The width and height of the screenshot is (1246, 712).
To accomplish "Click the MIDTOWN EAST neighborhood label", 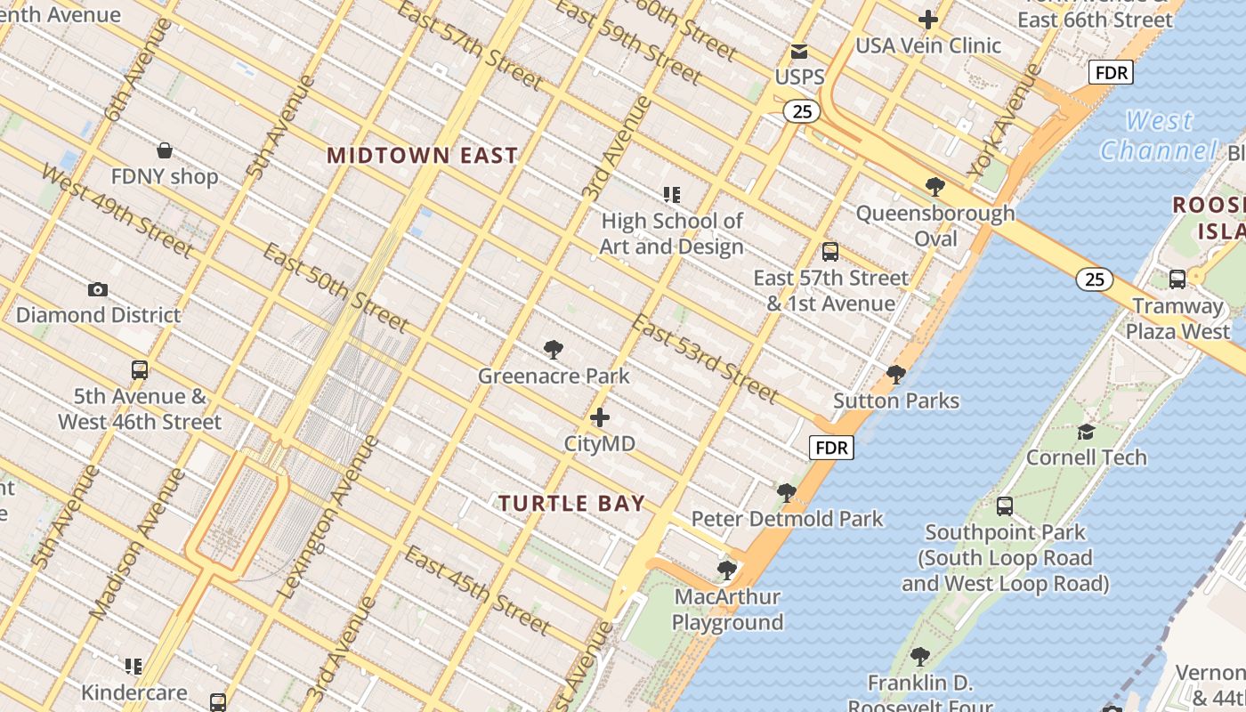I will coord(422,156).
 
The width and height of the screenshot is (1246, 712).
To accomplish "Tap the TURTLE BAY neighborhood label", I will coord(571,504).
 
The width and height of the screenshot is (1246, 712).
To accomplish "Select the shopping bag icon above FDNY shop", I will coord(164,150).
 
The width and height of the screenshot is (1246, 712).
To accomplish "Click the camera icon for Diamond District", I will coord(98,289).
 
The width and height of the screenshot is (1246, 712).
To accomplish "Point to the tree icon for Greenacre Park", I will coord(554,349).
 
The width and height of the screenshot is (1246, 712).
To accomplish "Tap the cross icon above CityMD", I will coord(600,417).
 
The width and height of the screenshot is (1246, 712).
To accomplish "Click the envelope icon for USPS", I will coord(799,52).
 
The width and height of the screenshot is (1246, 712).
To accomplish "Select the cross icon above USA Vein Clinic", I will coord(928,19).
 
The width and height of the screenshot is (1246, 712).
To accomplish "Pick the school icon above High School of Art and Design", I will coord(671,194).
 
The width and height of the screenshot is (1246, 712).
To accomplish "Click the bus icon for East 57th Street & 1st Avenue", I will coord(830,252).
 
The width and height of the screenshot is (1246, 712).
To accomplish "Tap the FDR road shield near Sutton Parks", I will coord(831,448).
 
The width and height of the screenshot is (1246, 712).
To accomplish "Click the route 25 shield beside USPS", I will coord(802,111).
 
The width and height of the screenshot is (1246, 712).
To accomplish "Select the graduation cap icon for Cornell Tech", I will coord(1086,432).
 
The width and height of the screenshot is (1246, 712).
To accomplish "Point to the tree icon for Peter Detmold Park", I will coord(786,492).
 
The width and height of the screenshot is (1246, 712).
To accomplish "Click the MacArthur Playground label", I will coord(727,610).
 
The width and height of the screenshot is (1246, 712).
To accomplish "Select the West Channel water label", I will coord(1157,135).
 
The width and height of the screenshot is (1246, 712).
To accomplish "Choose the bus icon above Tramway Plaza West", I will coord(1177,279).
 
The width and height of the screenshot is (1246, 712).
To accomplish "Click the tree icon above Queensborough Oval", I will coord(934,186).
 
